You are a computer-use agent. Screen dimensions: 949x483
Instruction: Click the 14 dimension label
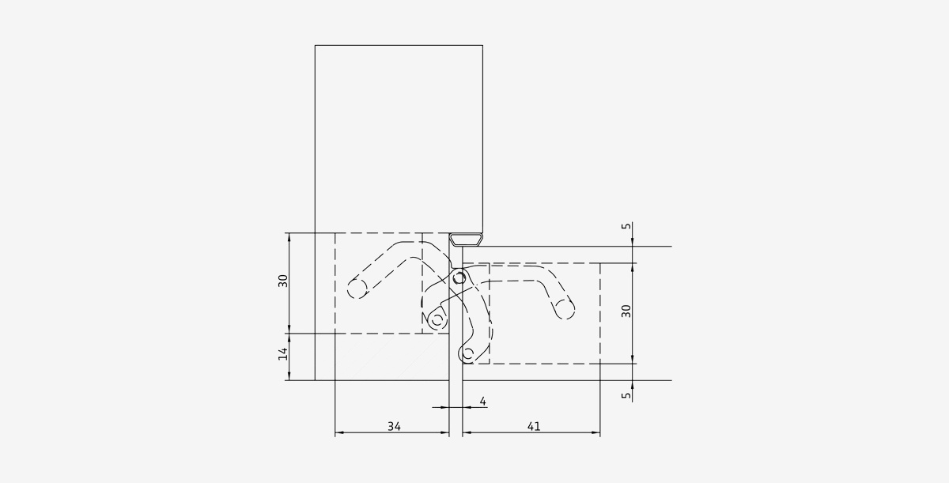(283, 354)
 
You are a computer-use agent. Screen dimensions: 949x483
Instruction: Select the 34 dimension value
(394, 426)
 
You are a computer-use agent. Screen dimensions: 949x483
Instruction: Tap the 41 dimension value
(534, 426)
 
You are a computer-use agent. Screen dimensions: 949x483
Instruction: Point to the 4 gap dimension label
(482, 401)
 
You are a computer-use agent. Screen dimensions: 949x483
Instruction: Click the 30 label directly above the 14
(283, 281)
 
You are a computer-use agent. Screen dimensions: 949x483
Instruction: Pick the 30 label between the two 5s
(626, 311)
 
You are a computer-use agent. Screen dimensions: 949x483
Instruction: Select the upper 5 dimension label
(626, 226)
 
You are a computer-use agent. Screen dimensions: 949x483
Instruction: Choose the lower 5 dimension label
(626, 395)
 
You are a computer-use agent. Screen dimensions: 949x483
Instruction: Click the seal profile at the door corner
(466, 240)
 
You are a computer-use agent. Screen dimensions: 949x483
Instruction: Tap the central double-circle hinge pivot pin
(459, 278)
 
